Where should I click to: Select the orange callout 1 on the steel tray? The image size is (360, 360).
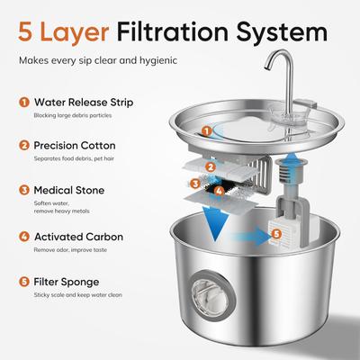[x=208, y=130]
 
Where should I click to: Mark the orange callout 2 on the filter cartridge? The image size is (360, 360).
[x=211, y=165]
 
